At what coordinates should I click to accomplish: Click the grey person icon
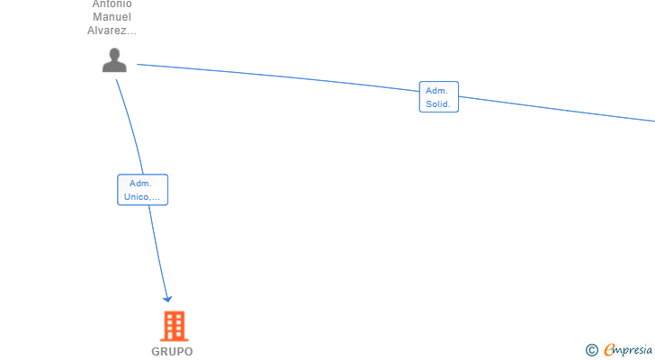point(114,60)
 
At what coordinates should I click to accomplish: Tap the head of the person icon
point(114,54)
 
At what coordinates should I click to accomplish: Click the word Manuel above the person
point(112,16)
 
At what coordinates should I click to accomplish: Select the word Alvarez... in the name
point(112,30)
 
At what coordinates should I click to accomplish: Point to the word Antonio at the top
point(112,4)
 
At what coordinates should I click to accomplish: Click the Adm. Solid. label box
point(439,97)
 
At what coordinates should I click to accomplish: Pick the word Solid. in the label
point(439,104)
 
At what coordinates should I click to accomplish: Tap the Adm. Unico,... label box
point(142,190)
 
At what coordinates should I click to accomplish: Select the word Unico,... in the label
point(142,196)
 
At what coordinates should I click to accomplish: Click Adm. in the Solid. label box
point(437,91)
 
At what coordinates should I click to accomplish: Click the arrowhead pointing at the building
point(166,299)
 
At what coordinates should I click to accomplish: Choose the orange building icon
point(174,326)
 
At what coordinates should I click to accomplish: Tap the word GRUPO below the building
point(172,352)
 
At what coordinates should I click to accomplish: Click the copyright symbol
point(591,350)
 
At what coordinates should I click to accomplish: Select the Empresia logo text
point(629,350)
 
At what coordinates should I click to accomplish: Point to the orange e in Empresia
point(610,350)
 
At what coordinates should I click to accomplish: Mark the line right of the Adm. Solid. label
point(558,109)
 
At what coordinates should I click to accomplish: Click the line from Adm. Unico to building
point(157,252)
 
